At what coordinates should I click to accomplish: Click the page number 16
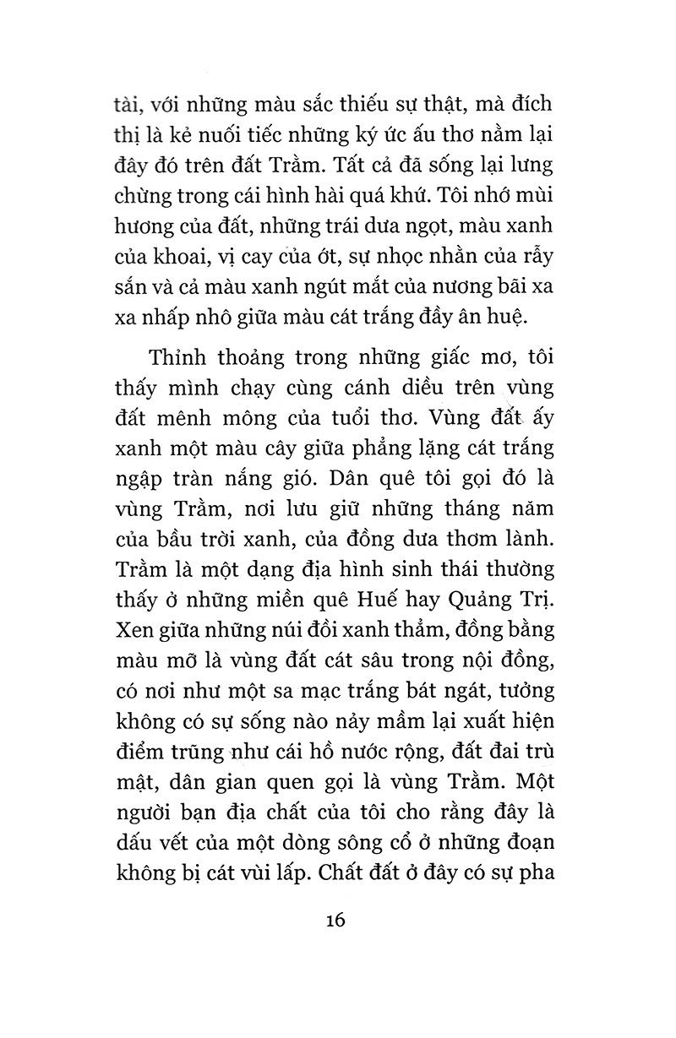pos(335,919)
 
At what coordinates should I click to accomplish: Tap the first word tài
pos(128,104)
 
